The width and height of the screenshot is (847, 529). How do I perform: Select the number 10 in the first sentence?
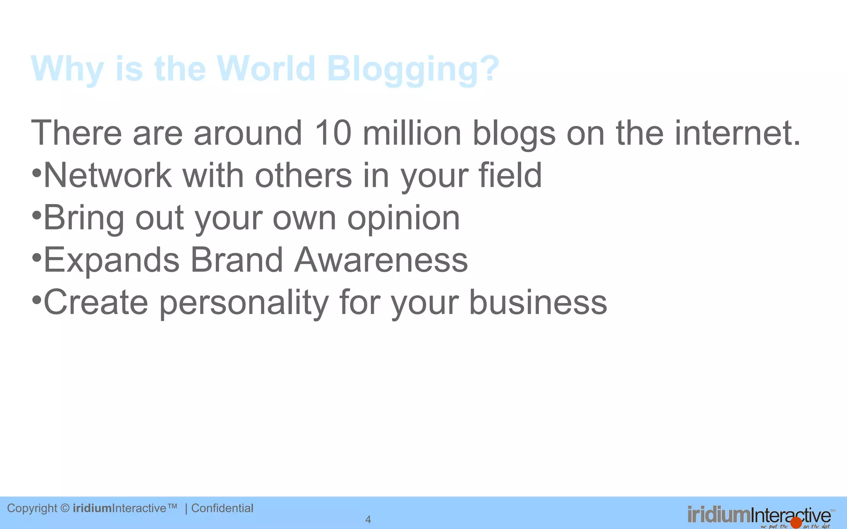click(333, 133)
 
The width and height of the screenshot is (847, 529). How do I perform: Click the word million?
click(412, 133)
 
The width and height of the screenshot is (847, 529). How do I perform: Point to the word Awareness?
click(381, 260)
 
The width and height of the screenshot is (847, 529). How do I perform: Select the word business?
click(538, 303)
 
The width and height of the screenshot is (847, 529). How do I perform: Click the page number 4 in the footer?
click(368, 519)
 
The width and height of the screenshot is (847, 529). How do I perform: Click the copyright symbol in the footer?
click(65, 508)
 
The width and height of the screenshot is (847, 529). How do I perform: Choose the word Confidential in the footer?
click(222, 508)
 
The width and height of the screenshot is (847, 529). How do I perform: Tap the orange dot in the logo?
click(796, 522)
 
